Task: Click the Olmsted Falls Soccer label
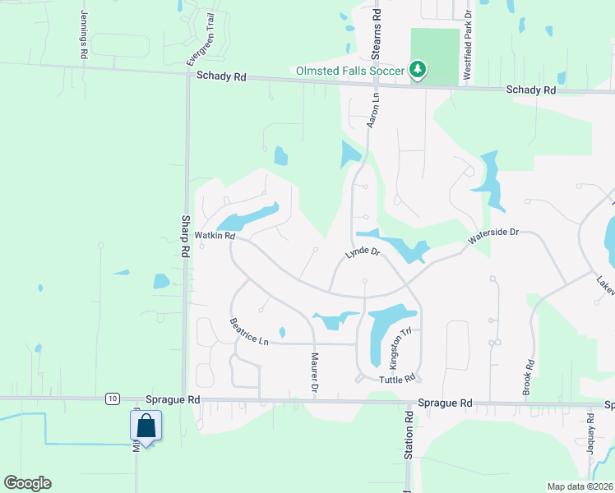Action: pyautogui.click(x=350, y=71)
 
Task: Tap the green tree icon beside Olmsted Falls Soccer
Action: pyautogui.click(x=418, y=70)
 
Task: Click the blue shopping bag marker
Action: pyautogui.click(x=146, y=426)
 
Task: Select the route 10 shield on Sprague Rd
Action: pyautogui.click(x=111, y=399)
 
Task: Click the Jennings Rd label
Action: pyautogui.click(x=84, y=34)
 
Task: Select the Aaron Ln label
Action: pyautogui.click(x=372, y=108)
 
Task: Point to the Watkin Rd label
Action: pyautogui.click(x=215, y=236)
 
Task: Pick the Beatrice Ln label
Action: pyautogui.click(x=250, y=331)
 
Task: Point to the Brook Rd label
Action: pyautogui.click(x=529, y=377)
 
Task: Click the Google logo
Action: pyautogui.click(x=27, y=483)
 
